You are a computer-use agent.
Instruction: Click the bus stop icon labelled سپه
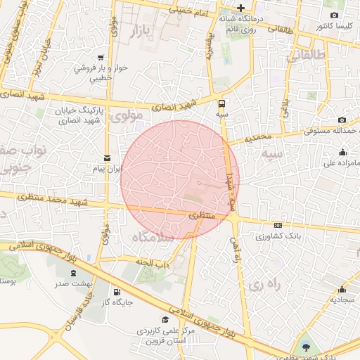(222, 102)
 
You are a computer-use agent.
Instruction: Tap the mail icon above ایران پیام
(107, 158)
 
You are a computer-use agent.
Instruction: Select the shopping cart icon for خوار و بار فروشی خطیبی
(103, 58)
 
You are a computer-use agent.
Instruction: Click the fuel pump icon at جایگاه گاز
(116, 292)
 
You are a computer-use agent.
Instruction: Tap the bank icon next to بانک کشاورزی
(278, 226)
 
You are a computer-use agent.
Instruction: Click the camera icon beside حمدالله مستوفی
(342, 120)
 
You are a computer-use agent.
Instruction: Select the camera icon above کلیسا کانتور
(334, 15)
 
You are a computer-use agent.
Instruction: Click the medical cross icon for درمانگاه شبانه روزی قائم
(241, 8)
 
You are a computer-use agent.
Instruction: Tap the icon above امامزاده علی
(342, 153)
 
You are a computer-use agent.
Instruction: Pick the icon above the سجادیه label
(342, 289)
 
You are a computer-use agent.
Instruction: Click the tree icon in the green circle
(306, 347)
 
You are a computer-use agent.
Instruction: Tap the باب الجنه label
(154, 264)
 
